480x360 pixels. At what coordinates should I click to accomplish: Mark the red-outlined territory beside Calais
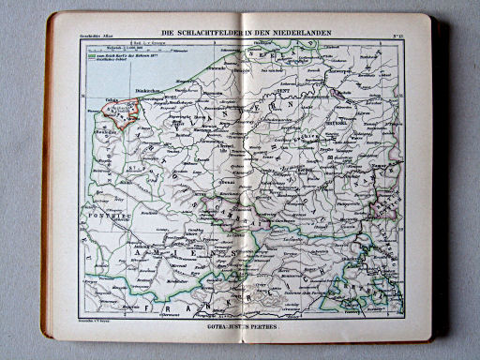pyautogui.click(x=122, y=112)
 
